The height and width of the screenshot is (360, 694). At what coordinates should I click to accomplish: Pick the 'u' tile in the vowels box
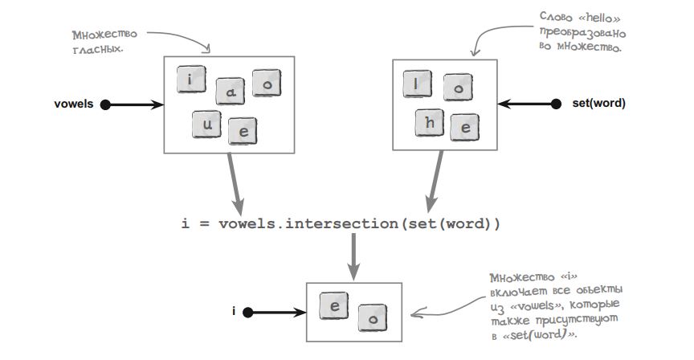tap(206, 123)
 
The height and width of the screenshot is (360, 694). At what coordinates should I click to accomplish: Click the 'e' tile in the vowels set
tap(243, 131)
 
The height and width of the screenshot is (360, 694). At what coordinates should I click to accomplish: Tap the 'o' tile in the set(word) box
tap(457, 88)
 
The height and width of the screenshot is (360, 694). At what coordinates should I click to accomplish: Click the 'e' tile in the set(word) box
tap(464, 127)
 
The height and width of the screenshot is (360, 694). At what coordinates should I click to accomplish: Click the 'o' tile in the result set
tap(370, 316)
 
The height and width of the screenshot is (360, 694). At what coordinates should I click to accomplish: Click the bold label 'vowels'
tap(74, 104)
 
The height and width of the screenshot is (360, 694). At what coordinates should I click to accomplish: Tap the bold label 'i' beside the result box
tap(235, 312)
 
